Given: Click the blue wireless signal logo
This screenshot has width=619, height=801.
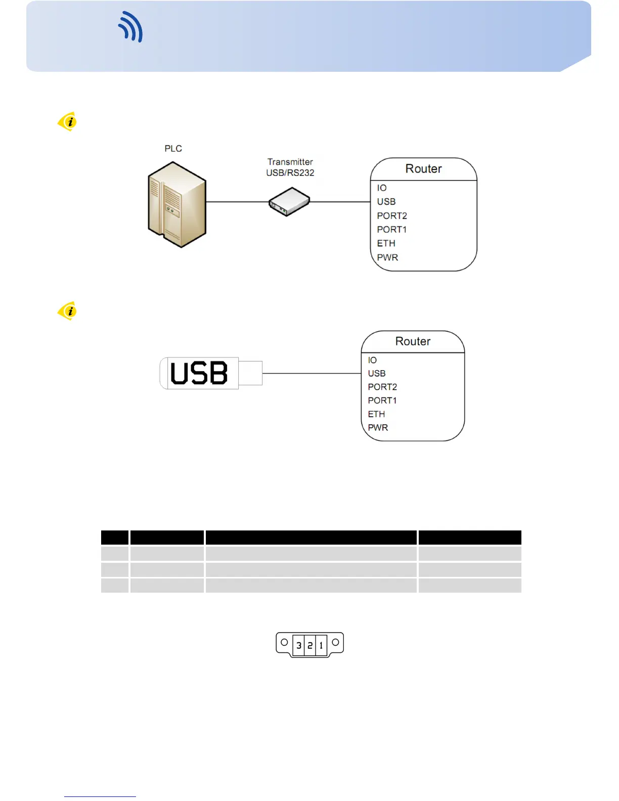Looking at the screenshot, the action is pos(131,27).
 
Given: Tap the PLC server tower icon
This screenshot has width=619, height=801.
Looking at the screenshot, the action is pos(176,204).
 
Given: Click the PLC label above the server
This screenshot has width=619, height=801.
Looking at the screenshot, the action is pos(173,149).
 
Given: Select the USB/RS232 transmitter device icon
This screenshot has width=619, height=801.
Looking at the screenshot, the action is pos(289,202).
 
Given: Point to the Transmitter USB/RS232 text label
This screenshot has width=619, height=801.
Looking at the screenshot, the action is pos(290,167).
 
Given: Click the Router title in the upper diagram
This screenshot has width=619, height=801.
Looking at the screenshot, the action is pos(424,169).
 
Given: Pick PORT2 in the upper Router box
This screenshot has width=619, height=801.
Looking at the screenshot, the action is pos(392,216).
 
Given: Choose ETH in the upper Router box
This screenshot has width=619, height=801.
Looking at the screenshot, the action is pos(386,244).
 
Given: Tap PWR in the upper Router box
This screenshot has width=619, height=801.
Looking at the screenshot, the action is pos(387,257).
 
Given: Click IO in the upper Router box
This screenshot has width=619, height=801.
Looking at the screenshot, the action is pos(382,188).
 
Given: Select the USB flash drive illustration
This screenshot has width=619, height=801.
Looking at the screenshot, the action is pos(210,373).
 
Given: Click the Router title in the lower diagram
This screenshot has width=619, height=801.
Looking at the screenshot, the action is pos(413,341).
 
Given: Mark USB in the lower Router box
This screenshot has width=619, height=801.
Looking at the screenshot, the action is pos(377,374).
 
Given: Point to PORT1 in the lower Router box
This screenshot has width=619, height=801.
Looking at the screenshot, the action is pos(382,401).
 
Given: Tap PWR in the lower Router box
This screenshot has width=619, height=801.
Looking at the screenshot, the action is pos(378,428).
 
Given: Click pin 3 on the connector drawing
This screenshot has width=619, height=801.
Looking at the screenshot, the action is pos(299,645).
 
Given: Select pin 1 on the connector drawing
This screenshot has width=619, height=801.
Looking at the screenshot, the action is pos(321,645).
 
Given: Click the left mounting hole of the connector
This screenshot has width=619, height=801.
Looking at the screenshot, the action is pos(284,642).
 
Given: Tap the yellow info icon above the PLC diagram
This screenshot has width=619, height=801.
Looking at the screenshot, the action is pos(67,121).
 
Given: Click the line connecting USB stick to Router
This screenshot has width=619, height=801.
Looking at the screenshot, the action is pos(311,374).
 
